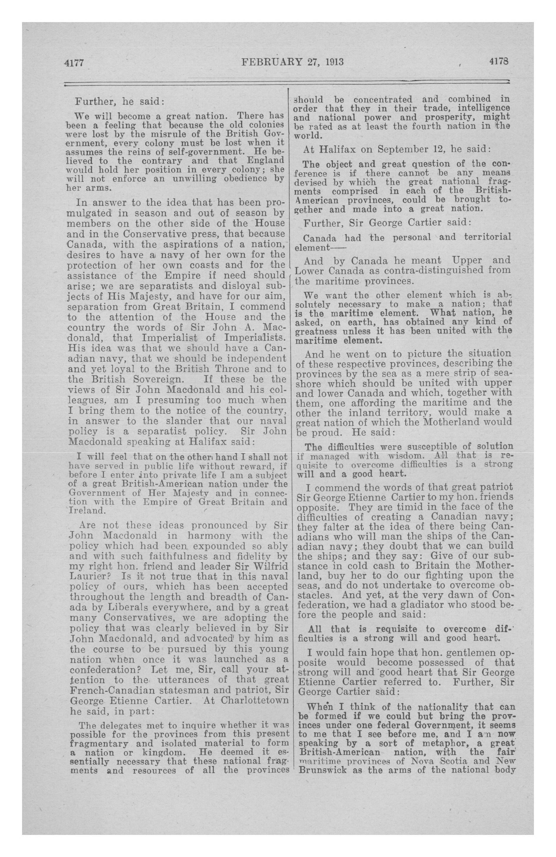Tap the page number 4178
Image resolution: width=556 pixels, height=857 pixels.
pyautogui.click(x=499, y=61)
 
